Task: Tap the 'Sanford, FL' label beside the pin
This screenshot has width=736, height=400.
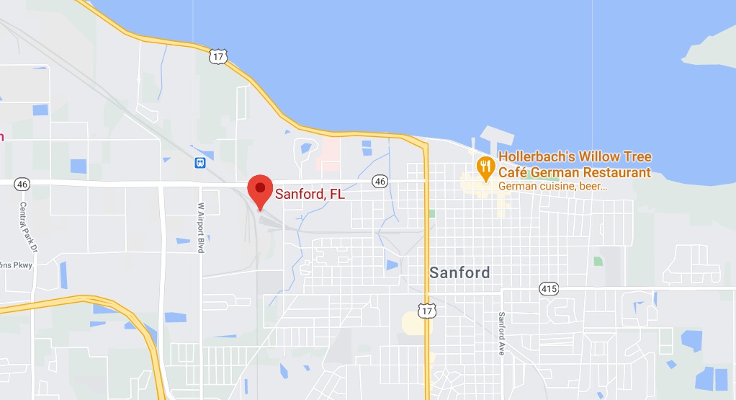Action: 310,194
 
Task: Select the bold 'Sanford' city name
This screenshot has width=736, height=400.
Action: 459,272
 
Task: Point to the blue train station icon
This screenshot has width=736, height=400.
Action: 200,162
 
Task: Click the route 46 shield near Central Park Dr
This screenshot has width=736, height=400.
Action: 22,185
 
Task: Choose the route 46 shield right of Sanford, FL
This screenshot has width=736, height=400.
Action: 380,182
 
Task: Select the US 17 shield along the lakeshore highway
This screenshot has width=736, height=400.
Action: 219,56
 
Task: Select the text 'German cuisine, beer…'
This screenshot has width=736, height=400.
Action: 552,186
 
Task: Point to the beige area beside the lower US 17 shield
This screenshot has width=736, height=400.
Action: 413,324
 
